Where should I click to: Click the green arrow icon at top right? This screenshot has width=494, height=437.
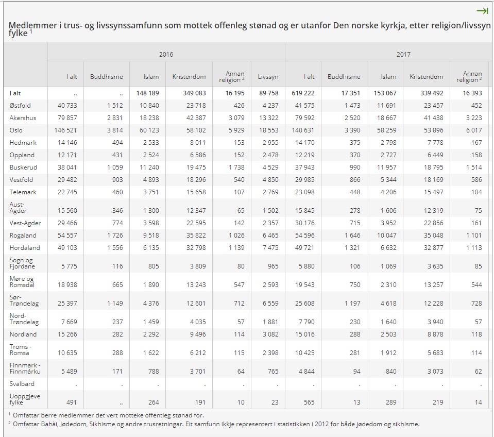click(x=482, y=11)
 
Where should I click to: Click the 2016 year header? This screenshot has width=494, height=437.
click(x=166, y=54)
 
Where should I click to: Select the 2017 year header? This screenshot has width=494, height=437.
click(x=403, y=54)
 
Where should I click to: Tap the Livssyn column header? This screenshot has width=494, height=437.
click(x=268, y=77)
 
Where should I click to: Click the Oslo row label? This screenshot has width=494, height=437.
click(x=16, y=130)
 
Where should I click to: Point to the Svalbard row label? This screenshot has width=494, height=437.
click(x=22, y=384)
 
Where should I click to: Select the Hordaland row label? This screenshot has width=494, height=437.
click(x=25, y=248)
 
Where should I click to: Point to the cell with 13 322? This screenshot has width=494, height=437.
click(x=268, y=118)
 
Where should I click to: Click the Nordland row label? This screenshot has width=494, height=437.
click(x=23, y=334)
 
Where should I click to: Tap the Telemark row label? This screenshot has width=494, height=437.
click(x=24, y=192)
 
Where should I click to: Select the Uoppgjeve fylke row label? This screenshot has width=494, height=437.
click(x=25, y=399)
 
